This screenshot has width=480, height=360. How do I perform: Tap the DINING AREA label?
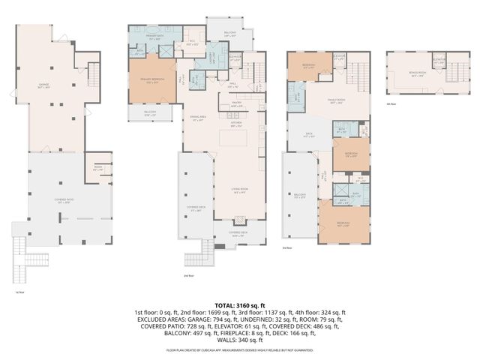coord(198,118)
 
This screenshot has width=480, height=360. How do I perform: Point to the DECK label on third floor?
coord(307,136)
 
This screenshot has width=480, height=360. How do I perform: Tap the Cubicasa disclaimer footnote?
coord(240,349)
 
